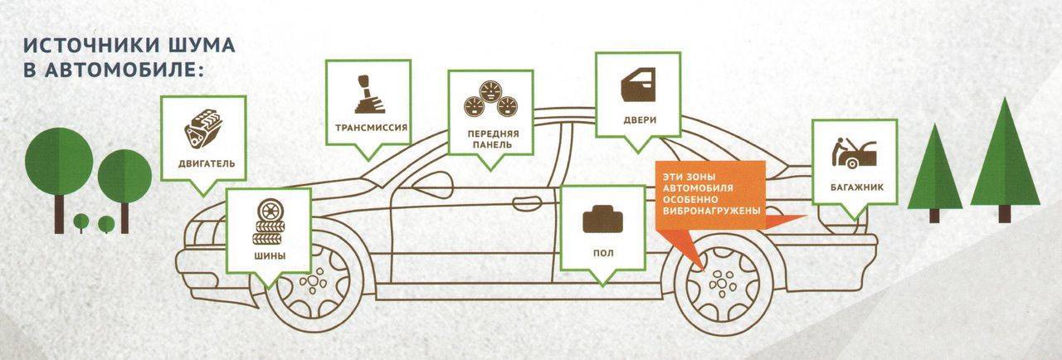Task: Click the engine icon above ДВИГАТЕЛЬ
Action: pos(203,129)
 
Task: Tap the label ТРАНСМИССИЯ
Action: pos(371,128)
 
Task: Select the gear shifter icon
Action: pos(367,95)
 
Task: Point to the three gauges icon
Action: pos(490,99)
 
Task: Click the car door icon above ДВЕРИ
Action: pos(638,85)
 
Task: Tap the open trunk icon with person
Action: pos(854,153)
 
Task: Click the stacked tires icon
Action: pos(269,221)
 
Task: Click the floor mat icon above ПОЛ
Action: pos(602,219)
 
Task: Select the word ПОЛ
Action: pos(603,253)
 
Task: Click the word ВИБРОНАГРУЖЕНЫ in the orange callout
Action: pos(711,211)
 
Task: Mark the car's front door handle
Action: pos(527,204)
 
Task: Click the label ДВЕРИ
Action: pos(640,119)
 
